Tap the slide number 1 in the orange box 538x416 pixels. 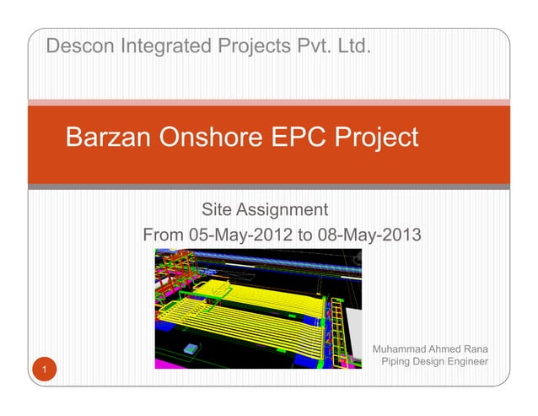coord(39,370)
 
